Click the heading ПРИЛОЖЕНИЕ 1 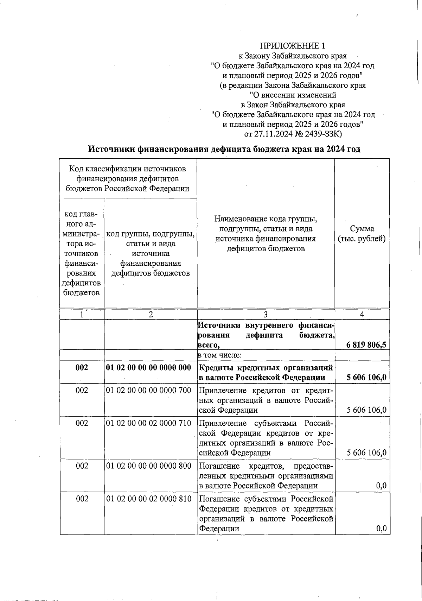point(293,46)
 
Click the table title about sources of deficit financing point(224,149)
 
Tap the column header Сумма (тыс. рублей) point(362,234)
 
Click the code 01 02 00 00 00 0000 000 point(148,368)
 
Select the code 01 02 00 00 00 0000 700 point(148,390)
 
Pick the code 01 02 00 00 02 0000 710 point(148,423)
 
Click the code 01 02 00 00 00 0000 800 point(148,466)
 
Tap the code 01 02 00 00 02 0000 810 point(148,499)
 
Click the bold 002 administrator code point(82,368)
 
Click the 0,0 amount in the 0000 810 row point(381,529)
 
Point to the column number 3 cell point(266,315)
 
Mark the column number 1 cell point(82,315)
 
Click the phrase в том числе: point(219,355)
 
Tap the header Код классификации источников point(128,169)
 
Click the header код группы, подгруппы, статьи point(151,234)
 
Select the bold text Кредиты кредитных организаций point(266,368)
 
